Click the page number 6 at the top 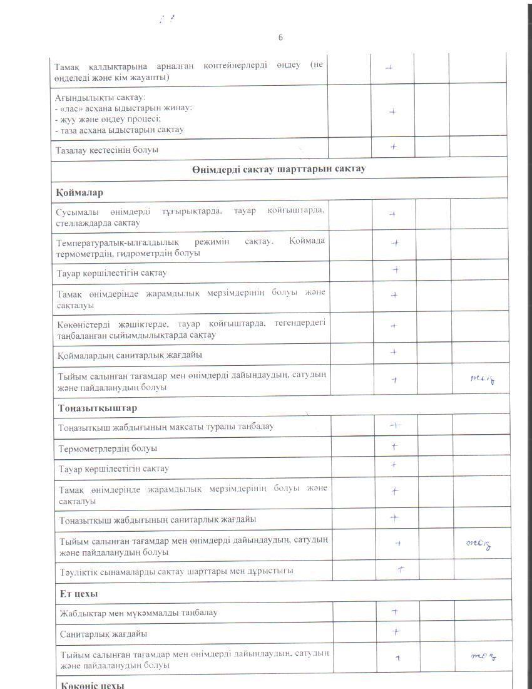point(280,38)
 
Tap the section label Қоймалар point(79,192)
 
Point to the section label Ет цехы point(79,593)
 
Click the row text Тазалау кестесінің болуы point(107,150)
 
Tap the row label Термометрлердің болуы point(108,448)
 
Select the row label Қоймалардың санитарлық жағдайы point(130,355)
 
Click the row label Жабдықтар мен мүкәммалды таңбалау point(138,613)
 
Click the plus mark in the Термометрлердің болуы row point(395,447)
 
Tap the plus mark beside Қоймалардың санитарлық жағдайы point(394,352)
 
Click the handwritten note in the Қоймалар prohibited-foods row point(482,378)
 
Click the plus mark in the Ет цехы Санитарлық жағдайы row point(396,632)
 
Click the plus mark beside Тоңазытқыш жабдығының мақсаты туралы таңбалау point(395,425)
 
